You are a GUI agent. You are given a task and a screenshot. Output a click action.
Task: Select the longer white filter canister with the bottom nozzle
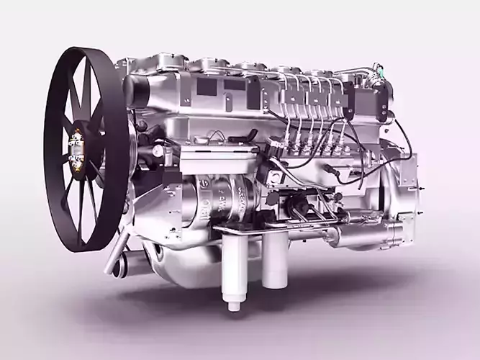point(234,270)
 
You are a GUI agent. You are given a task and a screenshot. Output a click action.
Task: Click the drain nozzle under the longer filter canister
point(234,306)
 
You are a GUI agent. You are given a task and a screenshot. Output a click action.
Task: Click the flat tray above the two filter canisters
point(252,230)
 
